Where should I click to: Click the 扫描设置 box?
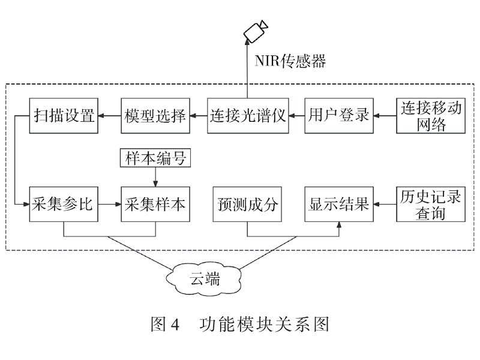coord(64,114)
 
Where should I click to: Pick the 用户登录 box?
coord(339,114)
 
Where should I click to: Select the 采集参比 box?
coord(64,204)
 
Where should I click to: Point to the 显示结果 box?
coord(339,204)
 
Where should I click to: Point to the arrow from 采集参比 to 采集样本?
coord(110,204)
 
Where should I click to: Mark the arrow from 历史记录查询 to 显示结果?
coord(385,204)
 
